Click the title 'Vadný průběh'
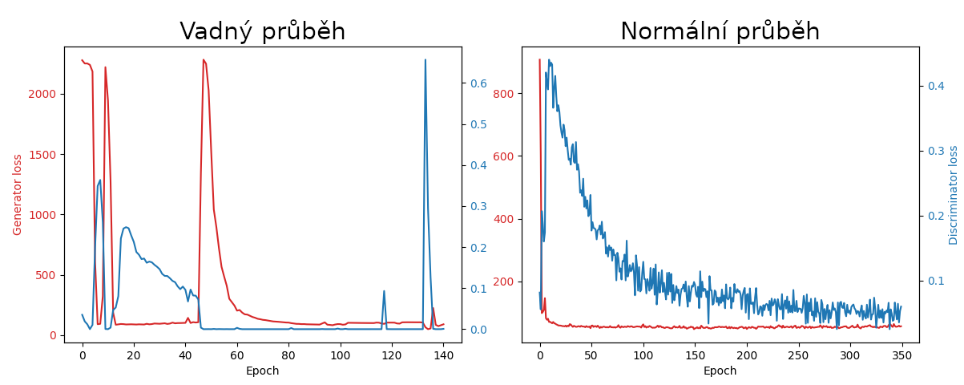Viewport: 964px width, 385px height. coord(262,31)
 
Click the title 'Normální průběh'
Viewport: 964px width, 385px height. coord(720,31)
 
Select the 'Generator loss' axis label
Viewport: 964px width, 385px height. coord(17,195)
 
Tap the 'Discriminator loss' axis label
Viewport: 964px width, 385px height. coord(954,195)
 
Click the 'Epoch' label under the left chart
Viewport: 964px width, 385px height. coord(262,371)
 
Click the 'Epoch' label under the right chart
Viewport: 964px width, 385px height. coord(720,371)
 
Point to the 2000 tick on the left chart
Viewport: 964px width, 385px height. coord(42,94)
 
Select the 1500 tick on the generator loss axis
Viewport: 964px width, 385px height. coord(42,155)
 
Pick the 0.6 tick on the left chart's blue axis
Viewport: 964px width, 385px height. coord(478,83)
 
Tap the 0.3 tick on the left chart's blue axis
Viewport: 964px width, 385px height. coord(478,206)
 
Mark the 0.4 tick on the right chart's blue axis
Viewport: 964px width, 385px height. coord(936,86)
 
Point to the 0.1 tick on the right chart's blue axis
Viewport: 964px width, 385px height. coord(936,281)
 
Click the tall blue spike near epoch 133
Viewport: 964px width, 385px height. coord(425,61)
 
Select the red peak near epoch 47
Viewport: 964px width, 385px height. coord(204,60)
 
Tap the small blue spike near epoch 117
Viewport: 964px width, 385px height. coord(384,292)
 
